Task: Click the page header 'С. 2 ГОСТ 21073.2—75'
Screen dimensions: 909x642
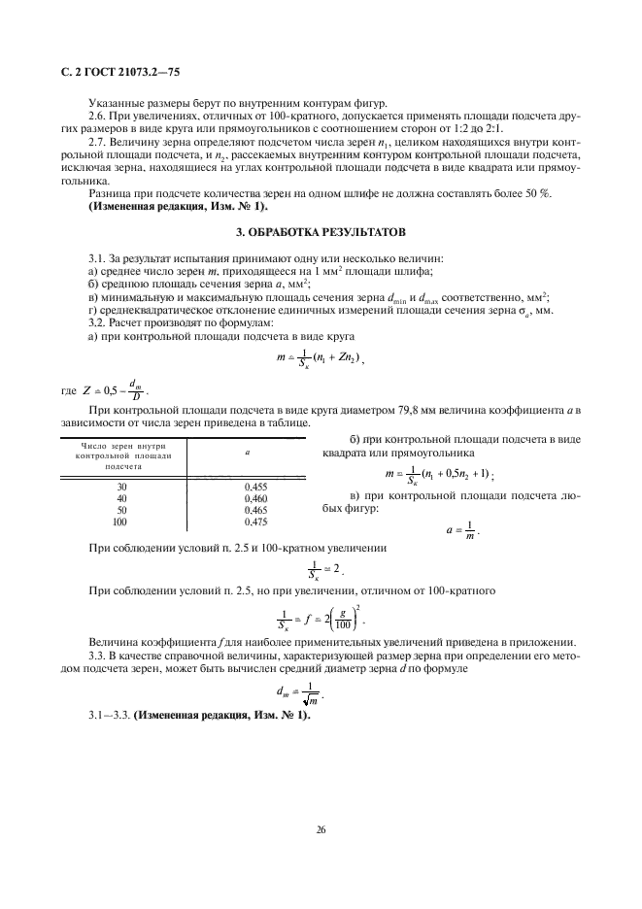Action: pos(115,72)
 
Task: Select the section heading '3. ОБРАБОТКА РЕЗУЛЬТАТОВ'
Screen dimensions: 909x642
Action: pos(321,233)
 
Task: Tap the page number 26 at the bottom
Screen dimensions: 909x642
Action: pos(320,829)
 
